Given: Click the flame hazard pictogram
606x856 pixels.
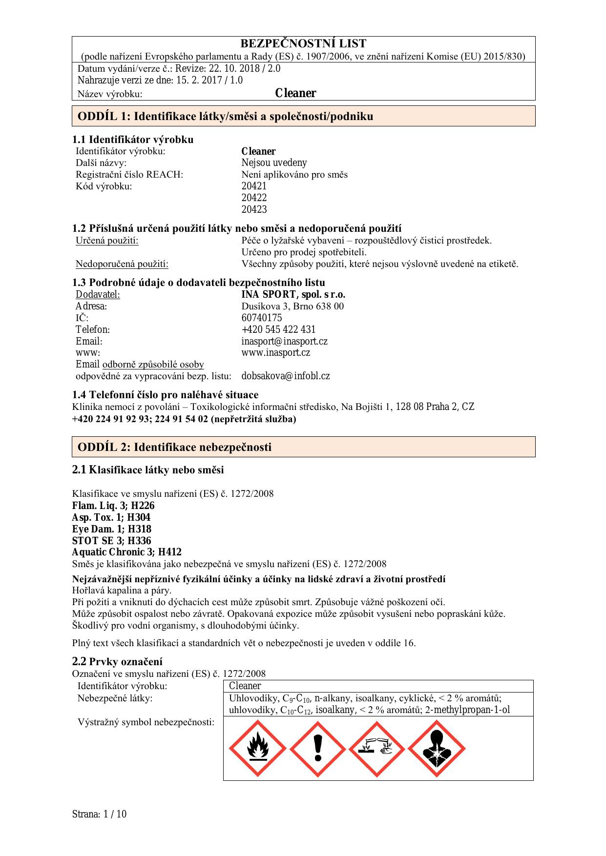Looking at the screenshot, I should pos(257,749).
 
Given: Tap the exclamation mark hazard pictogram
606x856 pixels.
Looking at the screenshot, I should pos(318,749).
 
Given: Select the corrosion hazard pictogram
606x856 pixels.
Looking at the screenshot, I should pos(376,749).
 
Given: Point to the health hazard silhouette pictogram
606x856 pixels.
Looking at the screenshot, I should pos(437,749).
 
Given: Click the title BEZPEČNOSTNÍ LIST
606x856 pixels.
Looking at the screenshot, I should pos(303,43).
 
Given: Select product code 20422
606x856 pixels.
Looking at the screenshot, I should pos(254,198).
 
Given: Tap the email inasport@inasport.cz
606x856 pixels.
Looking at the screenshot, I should pos(284,341).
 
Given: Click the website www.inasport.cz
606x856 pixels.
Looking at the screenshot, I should pos(275,352).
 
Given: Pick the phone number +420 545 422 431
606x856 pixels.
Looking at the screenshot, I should pos(278,329).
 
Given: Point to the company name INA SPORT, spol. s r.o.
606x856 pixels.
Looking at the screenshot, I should pos(293,294).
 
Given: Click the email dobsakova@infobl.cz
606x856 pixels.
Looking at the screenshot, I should pos(285,376).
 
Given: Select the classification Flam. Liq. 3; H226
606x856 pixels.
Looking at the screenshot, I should pos(113,506).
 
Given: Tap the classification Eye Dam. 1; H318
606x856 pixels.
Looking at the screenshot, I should pos(111,529).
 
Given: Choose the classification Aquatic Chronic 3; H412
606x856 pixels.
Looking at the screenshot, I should pos(126,552).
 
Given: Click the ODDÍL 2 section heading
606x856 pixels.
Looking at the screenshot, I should pos(174,447).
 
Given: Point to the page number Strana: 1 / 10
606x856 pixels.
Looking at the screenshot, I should pos(99,814).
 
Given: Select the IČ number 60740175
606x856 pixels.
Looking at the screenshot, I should pos(261,318).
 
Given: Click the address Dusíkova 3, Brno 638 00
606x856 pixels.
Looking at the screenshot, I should pos(293,306).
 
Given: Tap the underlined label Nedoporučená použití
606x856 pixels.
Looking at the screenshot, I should pos(122,264).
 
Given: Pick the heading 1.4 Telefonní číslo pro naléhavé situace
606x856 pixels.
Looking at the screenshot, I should pos(165,394).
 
